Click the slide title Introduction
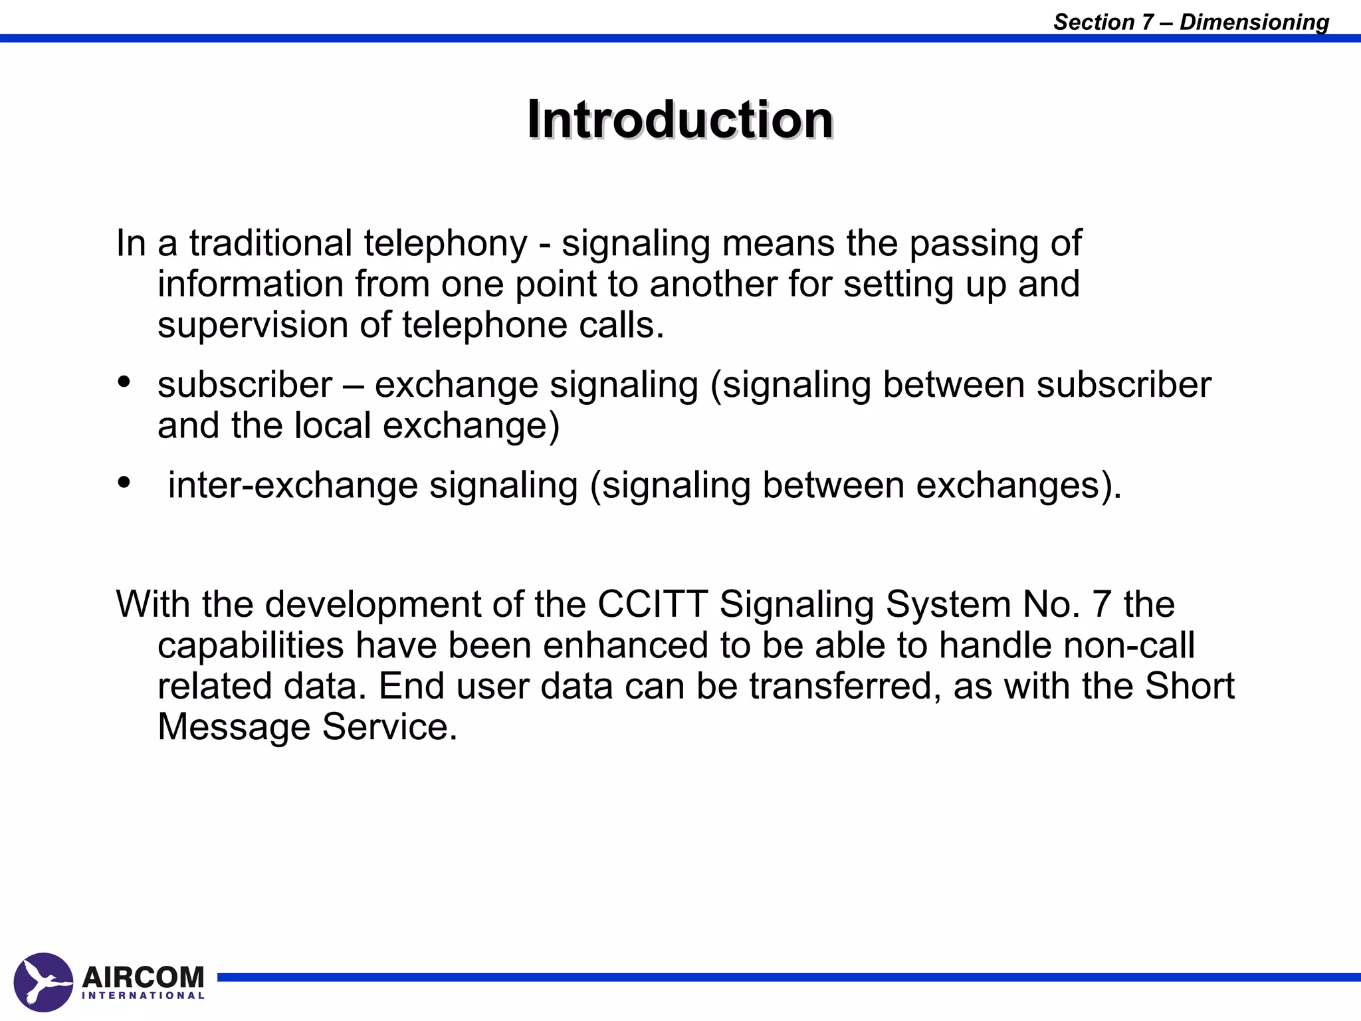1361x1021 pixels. [680, 120]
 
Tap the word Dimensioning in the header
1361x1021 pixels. [1254, 22]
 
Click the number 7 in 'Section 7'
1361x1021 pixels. [1148, 22]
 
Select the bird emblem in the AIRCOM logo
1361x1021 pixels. [43, 982]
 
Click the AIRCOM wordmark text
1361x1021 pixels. [143, 976]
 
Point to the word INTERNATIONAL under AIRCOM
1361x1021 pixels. [143, 996]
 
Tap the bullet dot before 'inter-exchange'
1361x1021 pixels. [124, 482]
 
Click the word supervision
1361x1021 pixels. [253, 326]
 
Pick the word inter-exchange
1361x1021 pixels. [292, 485]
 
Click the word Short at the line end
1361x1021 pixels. [1190, 686]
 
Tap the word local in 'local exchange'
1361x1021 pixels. [332, 425]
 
